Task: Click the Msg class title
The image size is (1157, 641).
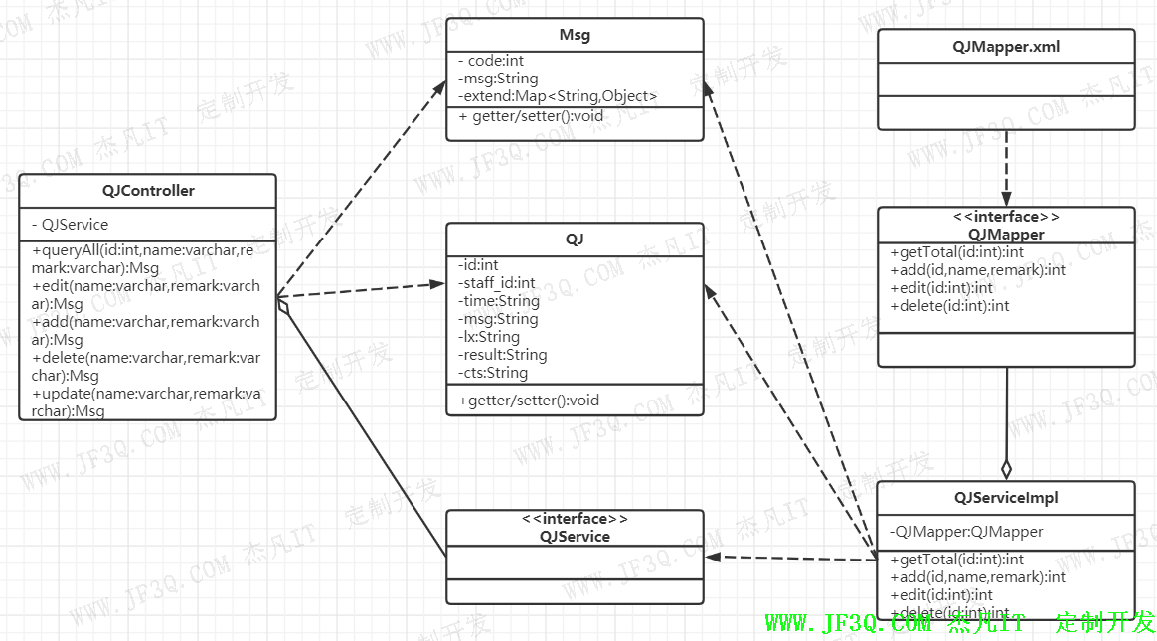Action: pyautogui.click(x=575, y=35)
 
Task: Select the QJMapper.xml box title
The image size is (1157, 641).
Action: pyautogui.click(x=1005, y=46)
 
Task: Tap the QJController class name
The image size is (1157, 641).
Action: pyautogui.click(x=148, y=191)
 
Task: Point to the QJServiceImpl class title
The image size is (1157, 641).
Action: pyautogui.click(x=1005, y=498)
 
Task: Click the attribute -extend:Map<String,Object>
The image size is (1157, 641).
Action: pyautogui.click(x=558, y=96)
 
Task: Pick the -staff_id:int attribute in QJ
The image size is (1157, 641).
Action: pyautogui.click(x=496, y=283)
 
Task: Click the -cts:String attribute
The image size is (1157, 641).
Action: pyautogui.click(x=492, y=373)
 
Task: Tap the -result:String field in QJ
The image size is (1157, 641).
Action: pyautogui.click(x=502, y=355)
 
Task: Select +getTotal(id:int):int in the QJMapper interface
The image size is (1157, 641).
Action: pyautogui.click(x=956, y=252)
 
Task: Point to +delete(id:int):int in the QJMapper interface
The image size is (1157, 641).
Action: pyautogui.click(x=949, y=306)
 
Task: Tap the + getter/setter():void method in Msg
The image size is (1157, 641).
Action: pyautogui.click(x=531, y=116)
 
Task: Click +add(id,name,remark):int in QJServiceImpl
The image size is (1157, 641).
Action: pyautogui.click(x=977, y=577)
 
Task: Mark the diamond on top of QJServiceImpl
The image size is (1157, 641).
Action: pyautogui.click(x=1006, y=468)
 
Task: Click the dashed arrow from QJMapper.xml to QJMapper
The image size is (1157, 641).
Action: pyautogui.click(x=1006, y=167)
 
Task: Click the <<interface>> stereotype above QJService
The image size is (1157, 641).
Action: pyautogui.click(x=575, y=519)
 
